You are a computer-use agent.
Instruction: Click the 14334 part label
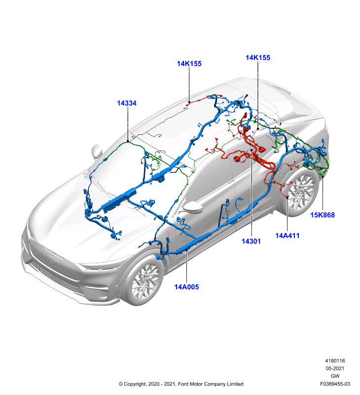tap(127, 103)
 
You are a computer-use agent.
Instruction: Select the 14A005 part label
tap(186, 287)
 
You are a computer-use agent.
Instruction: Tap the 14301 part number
tap(251, 241)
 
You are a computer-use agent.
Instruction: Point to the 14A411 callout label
tap(288, 236)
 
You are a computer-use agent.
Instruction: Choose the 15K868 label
tap(322, 215)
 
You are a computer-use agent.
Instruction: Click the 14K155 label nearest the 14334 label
tap(189, 64)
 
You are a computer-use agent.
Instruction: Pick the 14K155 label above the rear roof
tap(258, 57)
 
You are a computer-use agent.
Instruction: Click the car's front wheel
tap(144, 280)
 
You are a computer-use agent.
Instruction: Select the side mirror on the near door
tap(192, 206)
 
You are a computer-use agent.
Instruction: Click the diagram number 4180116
tap(335, 361)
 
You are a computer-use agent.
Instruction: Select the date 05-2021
tap(335, 368)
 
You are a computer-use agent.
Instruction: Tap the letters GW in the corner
tap(335, 376)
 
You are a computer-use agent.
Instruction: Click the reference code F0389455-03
tap(335, 384)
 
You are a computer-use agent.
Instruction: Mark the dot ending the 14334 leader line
tap(128, 142)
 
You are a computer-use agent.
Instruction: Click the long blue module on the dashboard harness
tap(119, 198)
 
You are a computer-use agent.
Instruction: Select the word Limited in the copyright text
tap(235, 384)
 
